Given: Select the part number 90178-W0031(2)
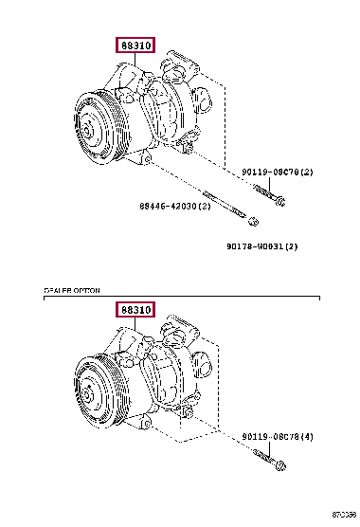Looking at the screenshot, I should (261, 246).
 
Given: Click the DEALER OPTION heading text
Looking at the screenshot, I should (72, 290).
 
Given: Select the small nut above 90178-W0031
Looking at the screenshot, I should (253, 222).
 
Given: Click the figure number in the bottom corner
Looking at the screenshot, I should (344, 519).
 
